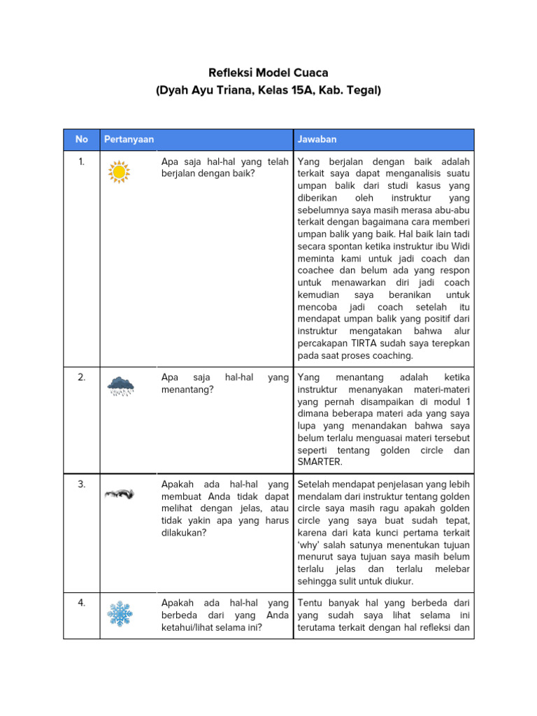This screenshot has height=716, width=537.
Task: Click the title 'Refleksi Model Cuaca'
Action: pyautogui.click(x=268, y=73)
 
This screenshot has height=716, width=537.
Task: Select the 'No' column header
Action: pyautogui.click(x=82, y=139)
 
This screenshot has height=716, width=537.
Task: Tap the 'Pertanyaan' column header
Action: pyautogui.click(x=129, y=139)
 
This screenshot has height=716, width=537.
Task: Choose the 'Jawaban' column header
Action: pyautogui.click(x=317, y=139)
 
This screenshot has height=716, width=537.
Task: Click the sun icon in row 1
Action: pyautogui.click(x=120, y=171)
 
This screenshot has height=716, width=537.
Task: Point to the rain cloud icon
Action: pyautogui.click(x=120, y=385)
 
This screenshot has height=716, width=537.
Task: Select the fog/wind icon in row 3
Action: pyautogui.click(x=120, y=494)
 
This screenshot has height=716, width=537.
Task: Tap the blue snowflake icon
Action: pyautogui.click(x=120, y=613)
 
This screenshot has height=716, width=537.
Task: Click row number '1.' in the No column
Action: pyautogui.click(x=82, y=162)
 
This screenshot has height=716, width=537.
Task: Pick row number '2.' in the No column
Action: pyautogui.click(x=82, y=377)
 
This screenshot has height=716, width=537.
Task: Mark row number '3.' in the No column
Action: pyautogui.click(x=82, y=484)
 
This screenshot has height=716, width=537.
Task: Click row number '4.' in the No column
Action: pyautogui.click(x=82, y=602)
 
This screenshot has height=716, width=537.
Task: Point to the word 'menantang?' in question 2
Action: pyautogui.click(x=187, y=389)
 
